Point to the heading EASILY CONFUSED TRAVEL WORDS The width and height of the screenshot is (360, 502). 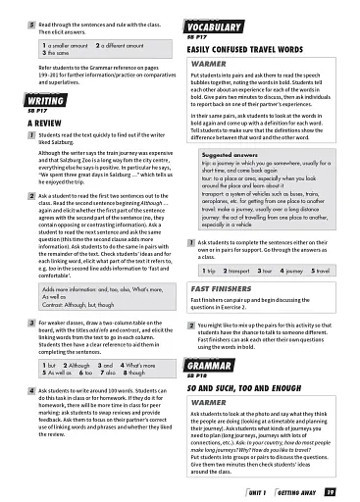247,48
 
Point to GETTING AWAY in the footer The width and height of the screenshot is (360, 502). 296,492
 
